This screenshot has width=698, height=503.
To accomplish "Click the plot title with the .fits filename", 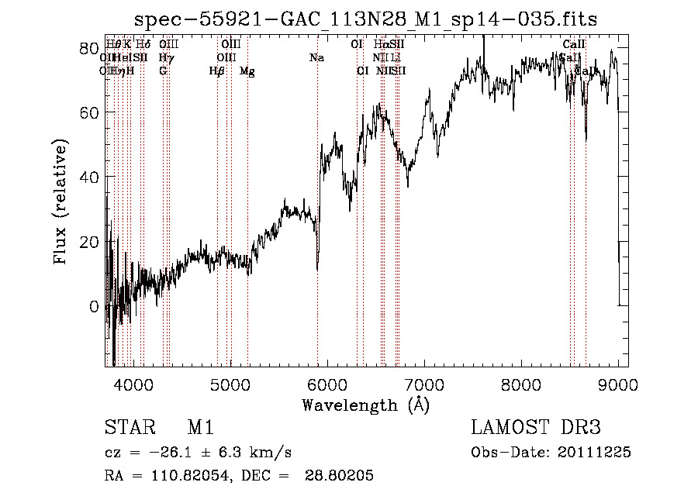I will (366, 19).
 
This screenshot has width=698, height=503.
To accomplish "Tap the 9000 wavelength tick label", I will (618, 385).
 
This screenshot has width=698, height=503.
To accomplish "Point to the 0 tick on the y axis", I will (94, 306).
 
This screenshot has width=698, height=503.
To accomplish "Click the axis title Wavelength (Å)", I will (365, 405).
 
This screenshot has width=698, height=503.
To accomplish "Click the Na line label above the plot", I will (316, 58).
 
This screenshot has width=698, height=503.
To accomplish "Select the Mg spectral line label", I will (247, 71).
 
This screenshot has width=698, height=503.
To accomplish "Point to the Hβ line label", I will (217, 71).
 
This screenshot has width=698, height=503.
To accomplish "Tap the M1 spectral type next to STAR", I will (200, 428).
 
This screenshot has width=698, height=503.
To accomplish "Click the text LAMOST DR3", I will (535, 428).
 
